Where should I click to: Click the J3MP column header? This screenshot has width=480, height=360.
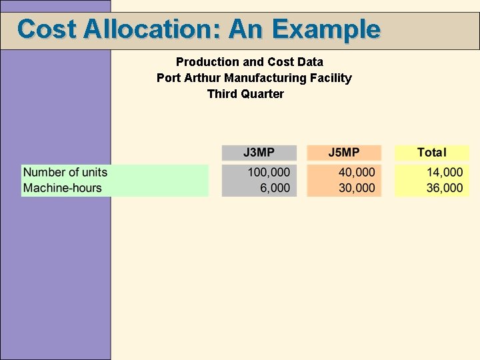[x=259, y=153]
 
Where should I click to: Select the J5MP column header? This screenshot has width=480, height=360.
[x=344, y=153]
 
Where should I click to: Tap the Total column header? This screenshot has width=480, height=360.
[x=431, y=153]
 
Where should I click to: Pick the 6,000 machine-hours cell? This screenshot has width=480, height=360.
[x=275, y=188]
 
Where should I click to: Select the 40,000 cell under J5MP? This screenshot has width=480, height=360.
[x=357, y=172]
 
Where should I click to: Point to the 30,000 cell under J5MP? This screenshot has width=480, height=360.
[x=357, y=188]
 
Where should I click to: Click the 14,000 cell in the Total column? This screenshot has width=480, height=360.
[x=445, y=172]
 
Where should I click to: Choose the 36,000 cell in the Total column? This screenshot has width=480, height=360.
[x=445, y=188]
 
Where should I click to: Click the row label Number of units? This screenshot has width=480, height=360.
[x=65, y=172]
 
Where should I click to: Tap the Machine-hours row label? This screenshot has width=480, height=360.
[x=63, y=188]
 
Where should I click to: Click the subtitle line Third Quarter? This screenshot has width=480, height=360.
[x=245, y=94]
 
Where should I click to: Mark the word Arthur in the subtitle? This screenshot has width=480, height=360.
[x=201, y=78]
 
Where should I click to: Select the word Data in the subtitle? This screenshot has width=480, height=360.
[x=310, y=62]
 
